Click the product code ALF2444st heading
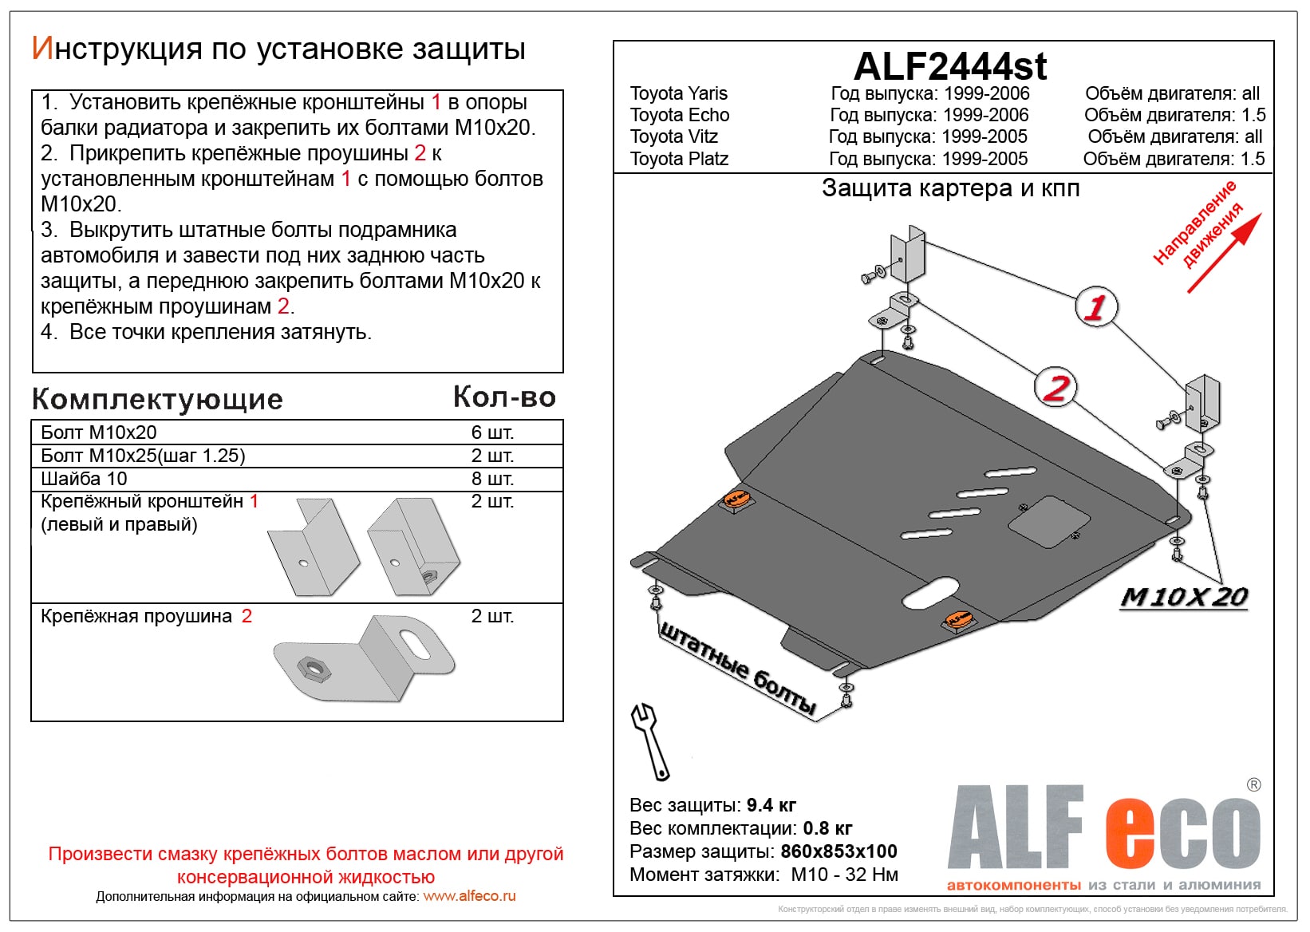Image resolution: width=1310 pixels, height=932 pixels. click(949, 66)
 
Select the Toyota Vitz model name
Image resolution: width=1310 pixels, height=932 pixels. click(674, 136)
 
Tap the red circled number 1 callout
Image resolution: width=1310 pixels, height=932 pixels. click(1096, 306)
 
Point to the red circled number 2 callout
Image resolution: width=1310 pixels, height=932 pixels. click(1055, 388)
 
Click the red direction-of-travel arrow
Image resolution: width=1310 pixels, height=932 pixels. click(1225, 251)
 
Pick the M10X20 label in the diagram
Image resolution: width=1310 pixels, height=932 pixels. click(1184, 597)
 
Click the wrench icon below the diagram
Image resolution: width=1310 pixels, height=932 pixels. click(650, 740)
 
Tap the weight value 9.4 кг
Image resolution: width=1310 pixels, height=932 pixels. click(771, 805)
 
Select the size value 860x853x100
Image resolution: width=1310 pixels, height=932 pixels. click(838, 851)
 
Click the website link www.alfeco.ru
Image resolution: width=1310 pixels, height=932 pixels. click(469, 896)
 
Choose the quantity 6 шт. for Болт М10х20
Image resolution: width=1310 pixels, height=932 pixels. click(492, 432)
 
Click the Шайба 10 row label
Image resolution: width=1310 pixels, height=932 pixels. click(84, 479)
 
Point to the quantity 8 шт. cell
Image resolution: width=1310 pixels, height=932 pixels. click(492, 479)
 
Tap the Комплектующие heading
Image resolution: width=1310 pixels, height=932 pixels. click(157, 399)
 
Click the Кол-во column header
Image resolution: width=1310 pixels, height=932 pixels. click(504, 397)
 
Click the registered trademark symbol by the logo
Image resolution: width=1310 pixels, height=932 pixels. click(1253, 785)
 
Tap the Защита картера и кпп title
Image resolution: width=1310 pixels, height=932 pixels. click(950, 188)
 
